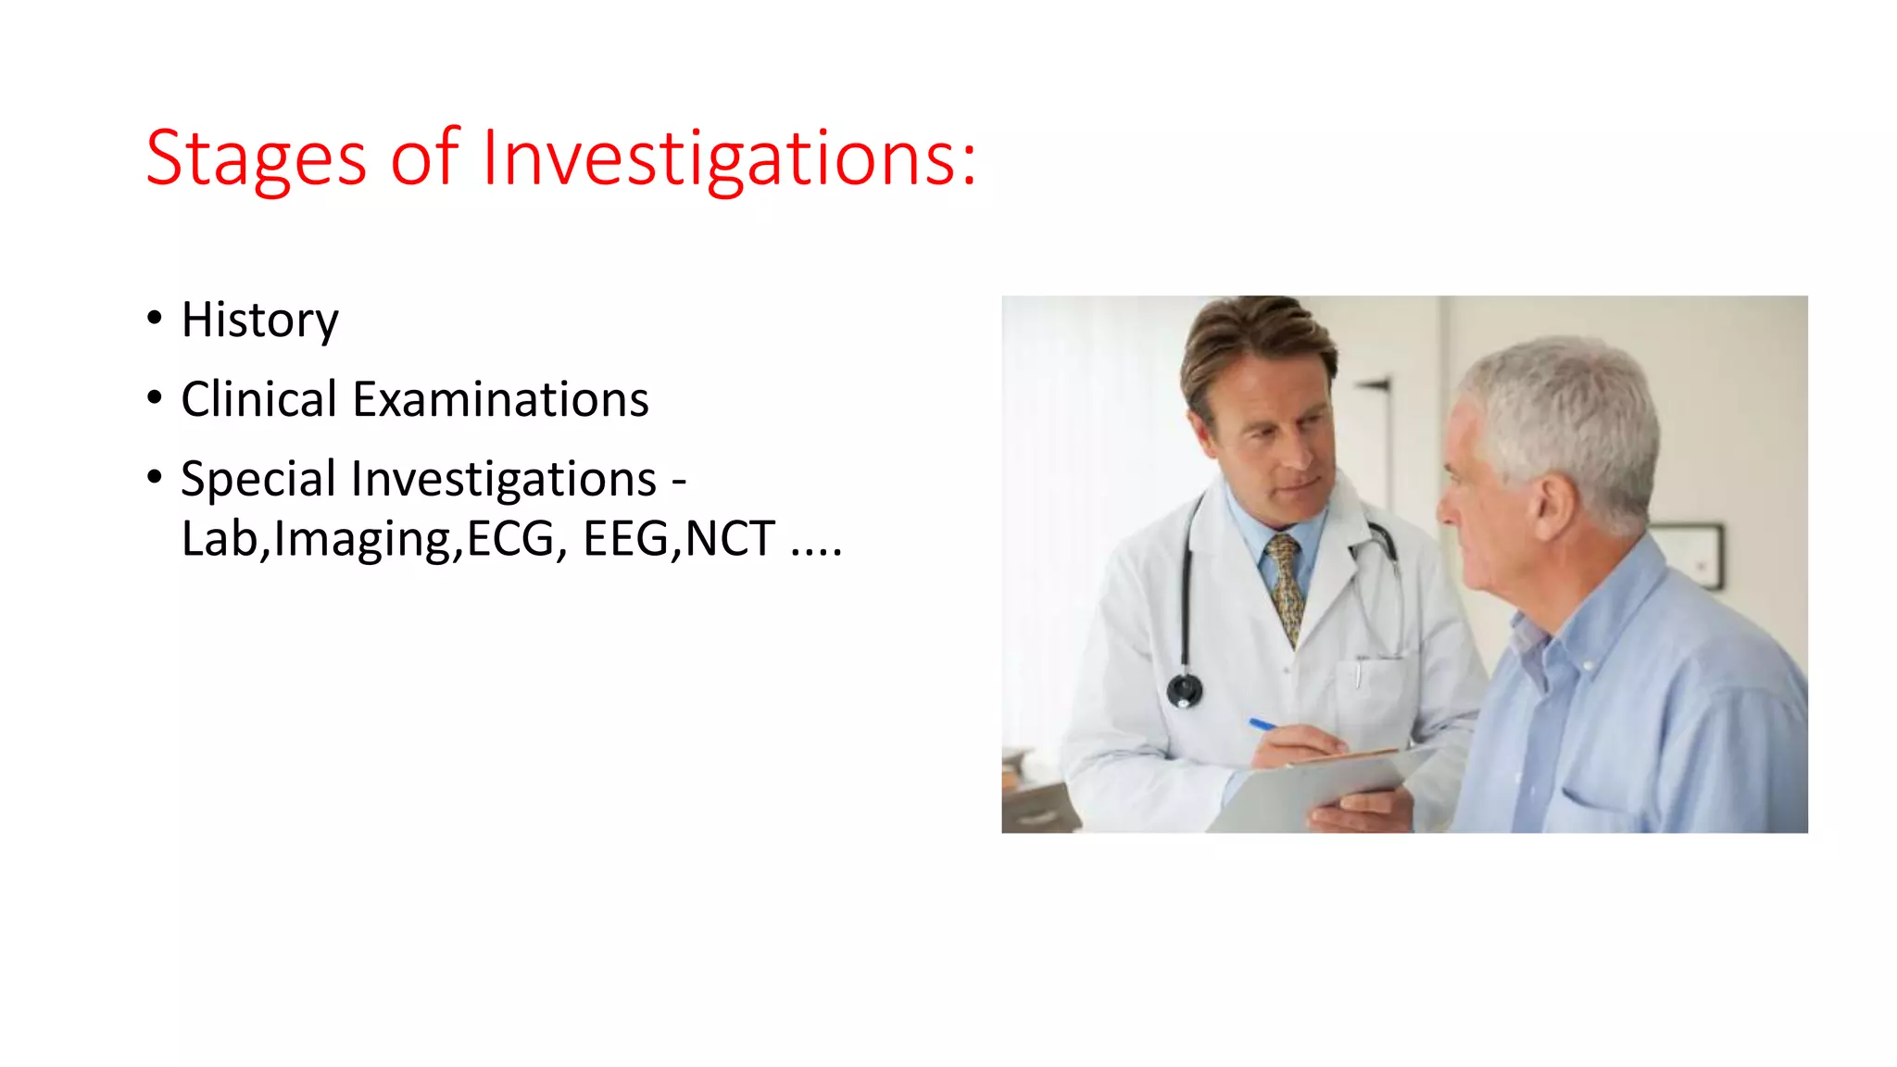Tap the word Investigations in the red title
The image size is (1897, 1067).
tap(729, 159)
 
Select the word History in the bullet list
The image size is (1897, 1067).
tap(259, 320)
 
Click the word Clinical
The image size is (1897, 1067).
tap(258, 399)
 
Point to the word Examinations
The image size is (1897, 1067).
tap(500, 399)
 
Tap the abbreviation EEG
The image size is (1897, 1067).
tap(626, 539)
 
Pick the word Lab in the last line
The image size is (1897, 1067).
tap(219, 539)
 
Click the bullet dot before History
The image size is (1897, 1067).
tap(155, 318)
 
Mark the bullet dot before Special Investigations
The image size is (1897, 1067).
tap(155, 477)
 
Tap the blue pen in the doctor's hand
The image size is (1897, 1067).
tap(1263, 724)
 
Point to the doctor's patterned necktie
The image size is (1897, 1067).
tap(1286, 584)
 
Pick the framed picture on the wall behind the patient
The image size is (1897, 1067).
tap(1691, 554)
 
